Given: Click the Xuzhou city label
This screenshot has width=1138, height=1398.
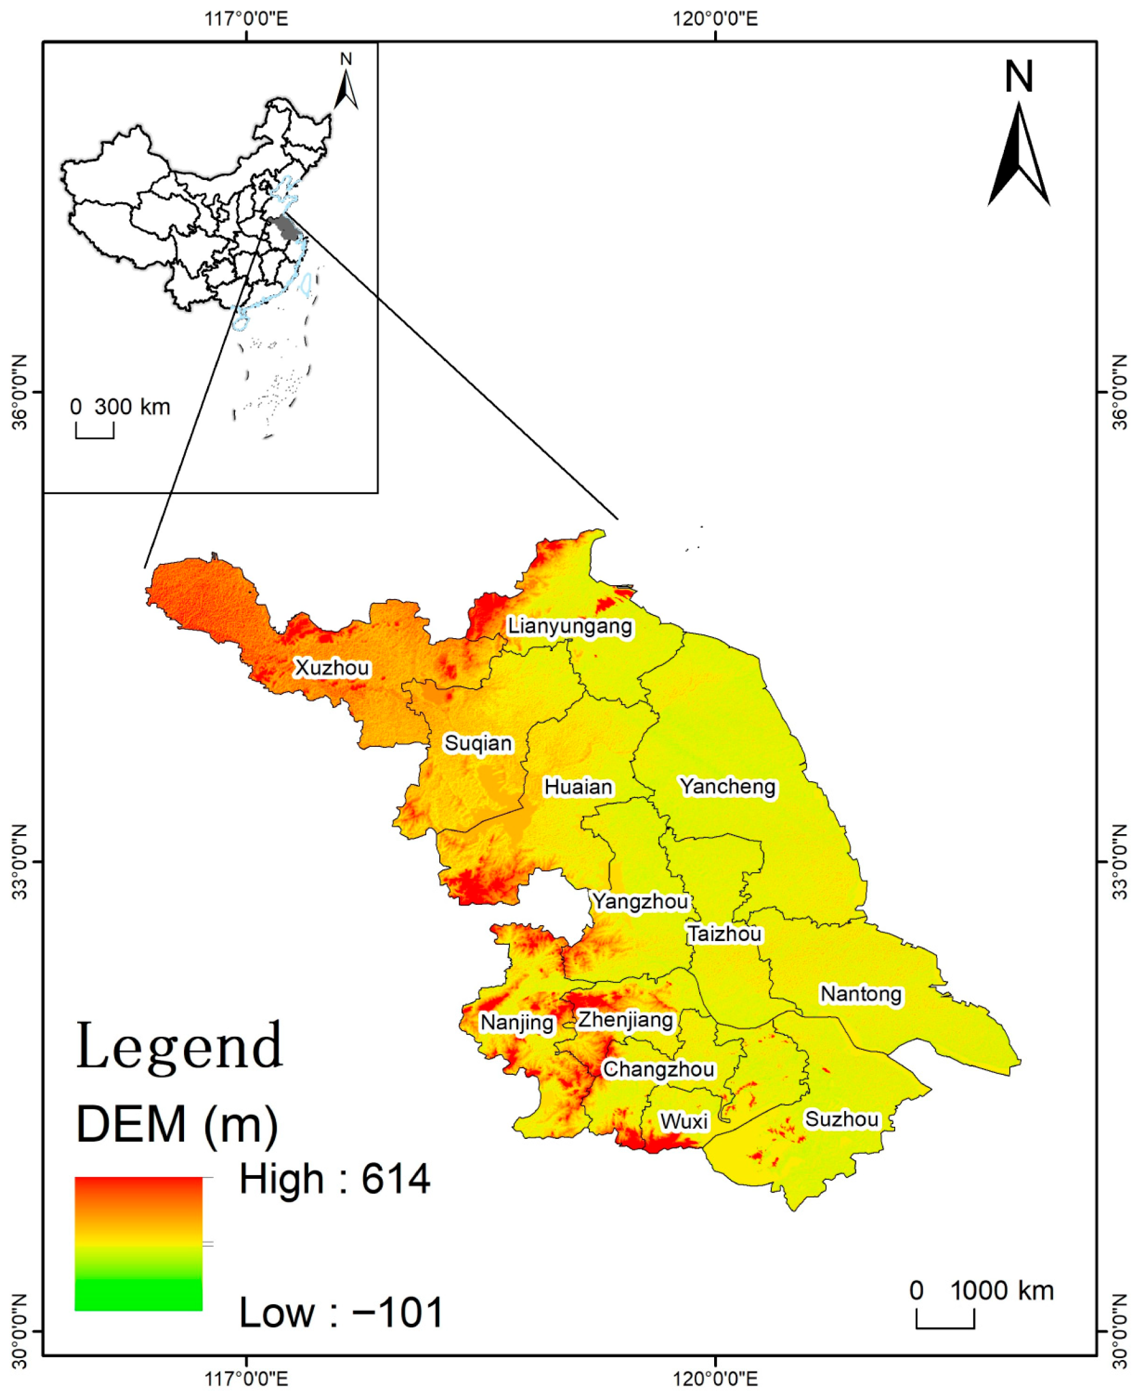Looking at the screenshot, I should pyautogui.click(x=332, y=668).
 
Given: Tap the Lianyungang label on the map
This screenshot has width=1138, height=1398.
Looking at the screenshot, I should pyautogui.click(x=570, y=626).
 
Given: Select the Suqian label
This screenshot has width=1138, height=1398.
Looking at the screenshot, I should pyautogui.click(x=478, y=743).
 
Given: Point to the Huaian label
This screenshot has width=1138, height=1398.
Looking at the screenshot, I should pyautogui.click(x=578, y=787).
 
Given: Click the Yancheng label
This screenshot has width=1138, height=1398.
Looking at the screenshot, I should pyautogui.click(x=728, y=786).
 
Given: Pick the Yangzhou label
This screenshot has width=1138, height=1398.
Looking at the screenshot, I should pyautogui.click(x=641, y=901).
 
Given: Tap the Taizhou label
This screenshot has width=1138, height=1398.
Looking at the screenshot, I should pyautogui.click(x=724, y=933).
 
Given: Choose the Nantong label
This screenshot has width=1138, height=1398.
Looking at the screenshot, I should pyautogui.click(x=861, y=994).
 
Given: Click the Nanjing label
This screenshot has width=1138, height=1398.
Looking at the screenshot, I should pyautogui.click(x=517, y=1022).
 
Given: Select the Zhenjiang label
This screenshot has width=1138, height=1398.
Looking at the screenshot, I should pyautogui.click(x=625, y=1020).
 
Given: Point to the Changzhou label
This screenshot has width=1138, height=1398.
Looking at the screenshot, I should pyautogui.click(x=659, y=1069).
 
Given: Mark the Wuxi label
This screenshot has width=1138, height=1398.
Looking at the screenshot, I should pyautogui.click(x=684, y=1122).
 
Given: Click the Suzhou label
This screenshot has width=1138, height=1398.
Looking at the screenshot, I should pyautogui.click(x=842, y=1119).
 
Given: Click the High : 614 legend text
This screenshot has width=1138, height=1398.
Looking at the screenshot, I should pyautogui.click(x=334, y=1179).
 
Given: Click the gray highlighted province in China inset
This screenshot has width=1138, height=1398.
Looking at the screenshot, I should pyautogui.click(x=287, y=227).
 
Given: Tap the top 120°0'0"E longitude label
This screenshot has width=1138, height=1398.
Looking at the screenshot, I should pyautogui.click(x=715, y=18).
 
